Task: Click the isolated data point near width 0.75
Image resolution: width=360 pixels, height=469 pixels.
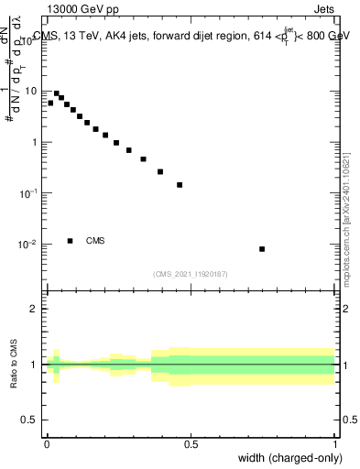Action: [x=262, y=249]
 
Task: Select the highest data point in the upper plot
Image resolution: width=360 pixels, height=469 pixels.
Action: [x=56, y=93]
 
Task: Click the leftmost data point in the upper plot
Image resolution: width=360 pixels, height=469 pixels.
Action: [x=50, y=103]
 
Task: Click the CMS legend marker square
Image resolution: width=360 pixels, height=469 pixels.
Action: [x=71, y=241]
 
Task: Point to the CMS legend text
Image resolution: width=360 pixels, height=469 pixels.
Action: [x=95, y=241]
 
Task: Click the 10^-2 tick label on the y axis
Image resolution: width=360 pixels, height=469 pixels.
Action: [x=28, y=245]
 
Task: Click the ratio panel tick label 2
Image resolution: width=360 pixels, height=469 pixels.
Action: [x=35, y=309]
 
